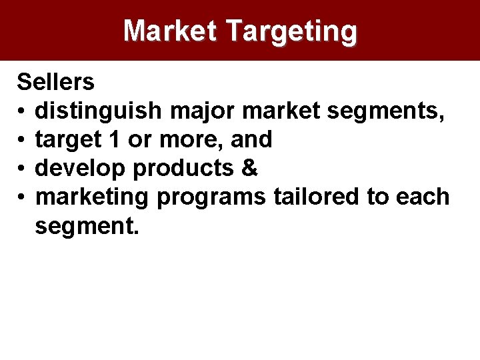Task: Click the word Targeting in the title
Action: pyautogui.click(x=291, y=31)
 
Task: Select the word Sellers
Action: pyautogui.click(x=55, y=82)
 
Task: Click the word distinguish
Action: pyautogui.click(x=98, y=111)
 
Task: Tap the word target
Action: pyautogui.click(x=75, y=139)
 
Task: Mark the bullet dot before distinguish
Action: pyautogui.click(x=22, y=111)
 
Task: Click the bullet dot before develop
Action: pyautogui.click(x=22, y=169)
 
